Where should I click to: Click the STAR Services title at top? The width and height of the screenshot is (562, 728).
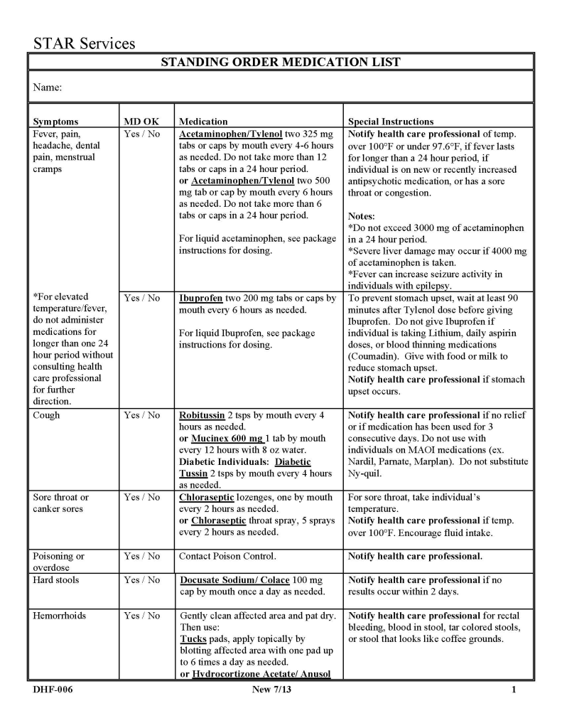[x=84, y=43]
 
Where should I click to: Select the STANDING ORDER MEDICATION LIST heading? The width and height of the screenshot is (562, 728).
[x=281, y=62]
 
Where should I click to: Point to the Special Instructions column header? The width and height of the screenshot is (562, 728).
[x=391, y=122]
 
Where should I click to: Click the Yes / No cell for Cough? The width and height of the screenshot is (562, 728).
[x=142, y=415]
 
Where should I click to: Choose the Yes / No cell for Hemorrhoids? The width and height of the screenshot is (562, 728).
[x=142, y=616]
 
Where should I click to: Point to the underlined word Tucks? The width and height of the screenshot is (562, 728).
[x=193, y=639]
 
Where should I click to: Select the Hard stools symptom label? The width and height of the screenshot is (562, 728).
[x=56, y=580]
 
